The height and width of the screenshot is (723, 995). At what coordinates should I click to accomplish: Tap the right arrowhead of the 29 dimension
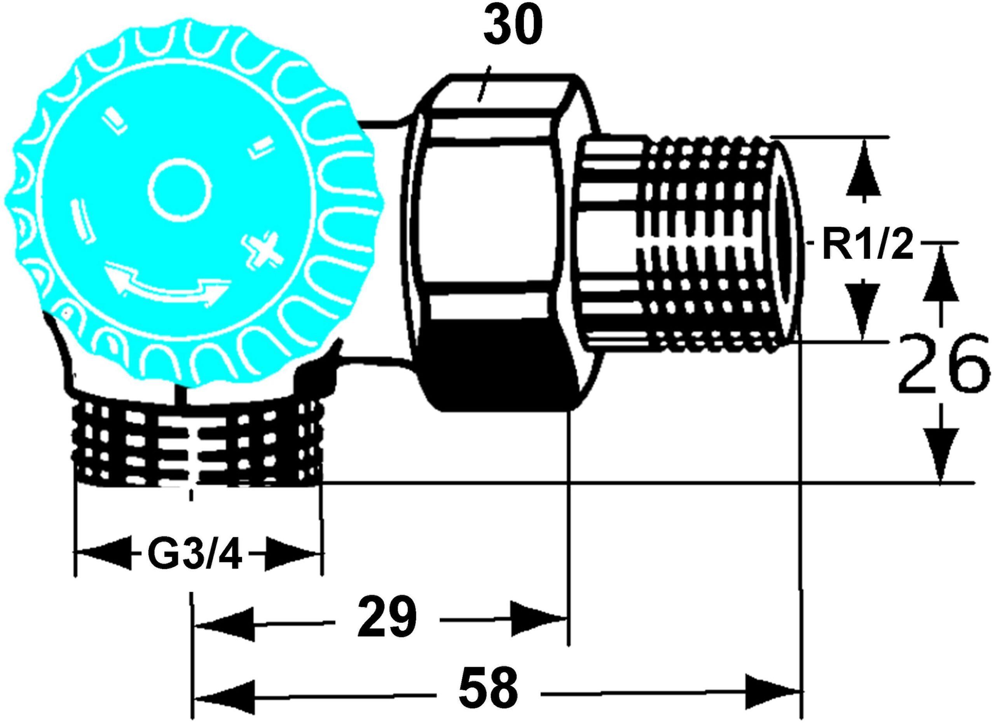pyautogui.click(x=539, y=619)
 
